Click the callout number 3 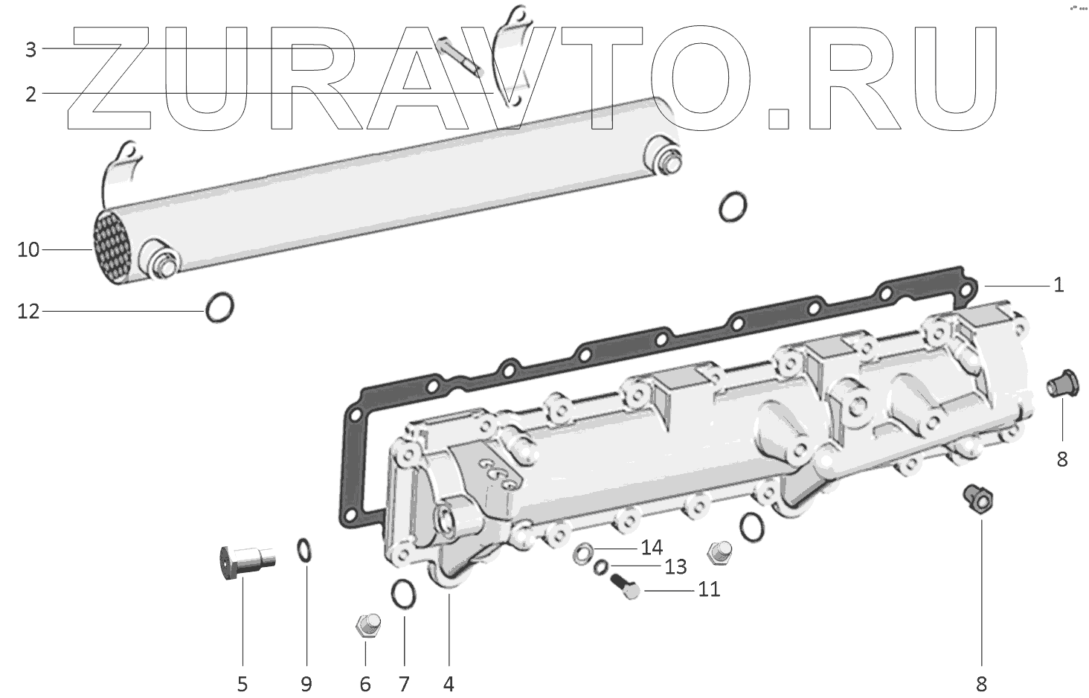coord(30,50)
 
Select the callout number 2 coord(30,95)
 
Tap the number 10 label coord(28,250)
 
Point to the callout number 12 coord(28,311)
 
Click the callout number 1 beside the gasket coord(1059,285)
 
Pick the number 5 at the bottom coord(242,683)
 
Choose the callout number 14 coord(652,548)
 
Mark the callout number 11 coord(709,589)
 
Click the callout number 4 coord(449,683)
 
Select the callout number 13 coord(675,567)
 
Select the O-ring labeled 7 coord(403,593)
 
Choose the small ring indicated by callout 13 coord(601,569)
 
